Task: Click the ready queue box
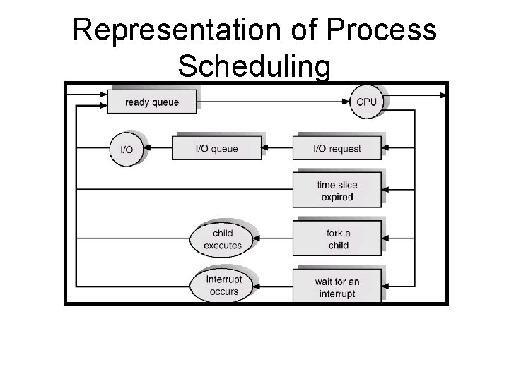click(x=152, y=102)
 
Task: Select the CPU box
click(x=366, y=102)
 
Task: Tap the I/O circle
click(x=127, y=149)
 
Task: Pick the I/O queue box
click(x=216, y=149)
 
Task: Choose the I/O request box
click(x=337, y=149)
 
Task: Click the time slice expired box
click(x=337, y=190)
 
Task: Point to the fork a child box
click(x=338, y=239)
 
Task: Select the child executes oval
click(x=223, y=239)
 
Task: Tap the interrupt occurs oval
click(x=223, y=285)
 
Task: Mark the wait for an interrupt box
click(x=337, y=286)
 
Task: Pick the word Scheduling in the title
click(x=254, y=66)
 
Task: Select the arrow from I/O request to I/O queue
click(x=277, y=149)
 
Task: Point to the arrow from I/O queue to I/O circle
click(x=158, y=149)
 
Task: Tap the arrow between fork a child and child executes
click(x=274, y=239)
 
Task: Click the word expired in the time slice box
click(x=337, y=197)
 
